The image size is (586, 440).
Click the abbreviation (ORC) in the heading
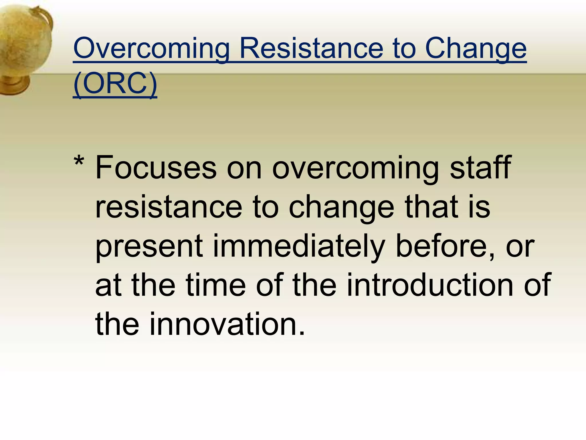(x=115, y=83)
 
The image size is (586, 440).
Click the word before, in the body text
(x=445, y=246)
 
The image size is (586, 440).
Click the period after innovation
(x=302, y=334)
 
